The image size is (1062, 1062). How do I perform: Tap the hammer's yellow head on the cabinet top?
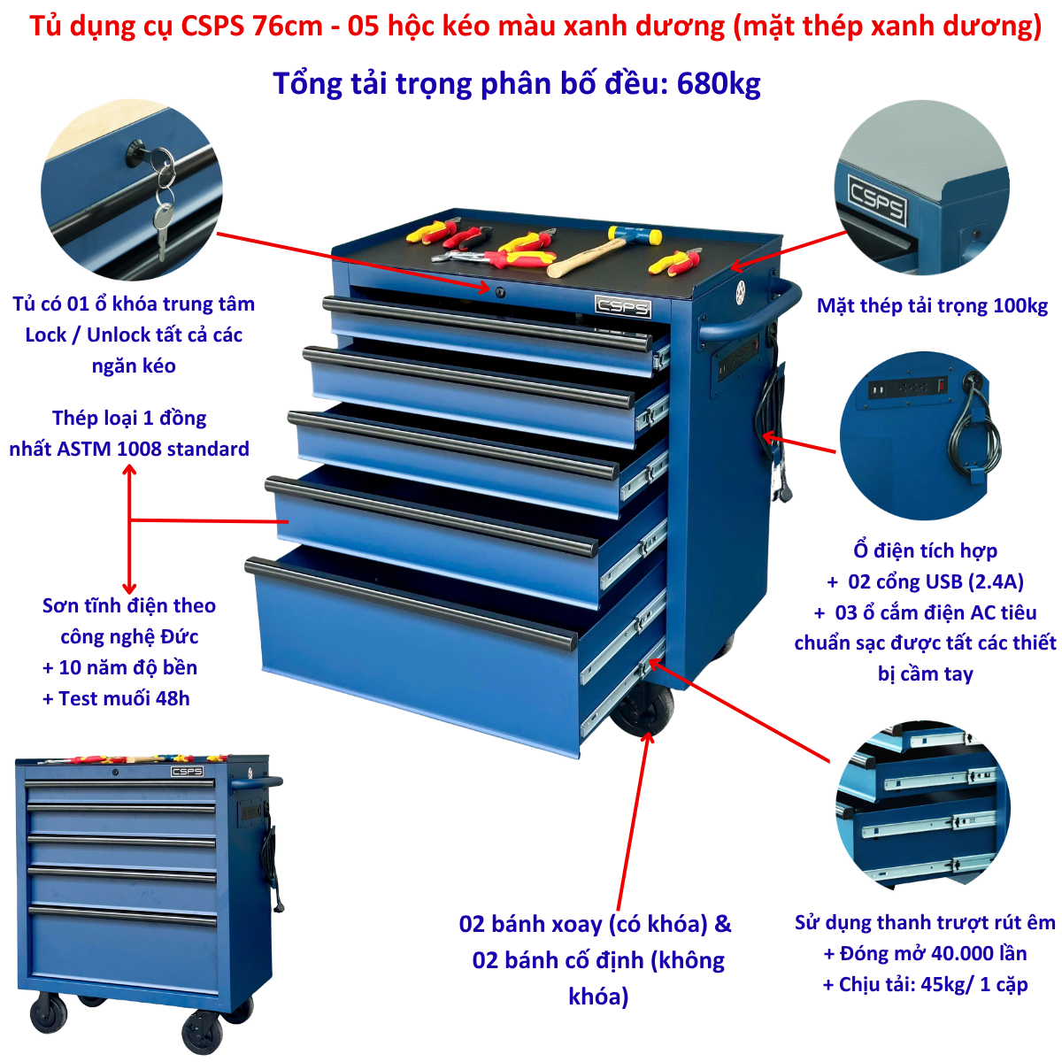click(635, 235)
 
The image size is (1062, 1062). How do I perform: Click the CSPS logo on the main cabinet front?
click(623, 306)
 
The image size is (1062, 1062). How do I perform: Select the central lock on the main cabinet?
click(499, 291)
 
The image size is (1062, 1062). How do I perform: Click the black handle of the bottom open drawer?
click(410, 603)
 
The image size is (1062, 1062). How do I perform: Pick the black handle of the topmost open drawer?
click(487, 324)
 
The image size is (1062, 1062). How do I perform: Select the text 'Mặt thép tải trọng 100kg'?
click(932, 305)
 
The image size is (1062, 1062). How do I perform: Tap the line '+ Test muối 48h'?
click(116, 698)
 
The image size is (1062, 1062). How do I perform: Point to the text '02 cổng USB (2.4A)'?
click(935, 581)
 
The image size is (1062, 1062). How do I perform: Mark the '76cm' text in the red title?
click(287, 26)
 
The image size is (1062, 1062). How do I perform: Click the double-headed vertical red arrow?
click(129, 529)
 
